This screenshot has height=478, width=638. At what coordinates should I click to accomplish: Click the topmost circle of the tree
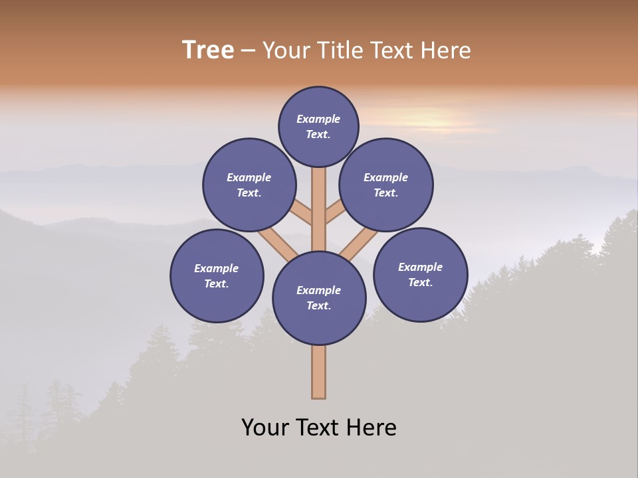pos(318,126)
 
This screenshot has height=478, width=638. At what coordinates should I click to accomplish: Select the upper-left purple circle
pos(249,185)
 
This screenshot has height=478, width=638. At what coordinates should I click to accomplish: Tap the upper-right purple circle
pos(386,185)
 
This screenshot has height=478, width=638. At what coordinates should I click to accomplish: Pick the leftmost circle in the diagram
pos(217,276)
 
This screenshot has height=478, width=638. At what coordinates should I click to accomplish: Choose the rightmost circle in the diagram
pos(420,274)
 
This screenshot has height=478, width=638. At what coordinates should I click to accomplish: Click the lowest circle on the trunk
pos(319,298)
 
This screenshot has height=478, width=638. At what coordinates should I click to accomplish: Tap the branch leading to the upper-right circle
pos(335,212)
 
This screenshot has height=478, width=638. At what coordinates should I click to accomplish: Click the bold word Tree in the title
pos(208,50)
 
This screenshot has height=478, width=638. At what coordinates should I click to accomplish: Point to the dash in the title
pos(249,50)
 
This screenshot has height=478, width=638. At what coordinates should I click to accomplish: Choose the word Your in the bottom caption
pos(266,427)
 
